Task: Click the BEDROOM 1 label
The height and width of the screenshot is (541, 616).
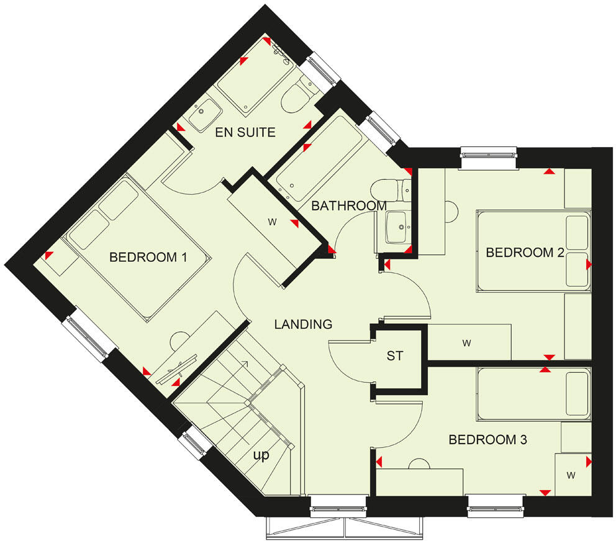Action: point(148,257)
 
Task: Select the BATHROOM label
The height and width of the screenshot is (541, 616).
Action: point(348,205)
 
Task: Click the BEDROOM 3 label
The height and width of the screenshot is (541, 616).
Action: point(487,440)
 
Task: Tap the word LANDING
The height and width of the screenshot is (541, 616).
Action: point(304,324)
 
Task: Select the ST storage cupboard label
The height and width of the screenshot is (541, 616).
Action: point(395,356)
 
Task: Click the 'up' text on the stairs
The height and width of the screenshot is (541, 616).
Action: point(261,455)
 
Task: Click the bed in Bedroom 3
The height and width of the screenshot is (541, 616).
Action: point(533,395)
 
